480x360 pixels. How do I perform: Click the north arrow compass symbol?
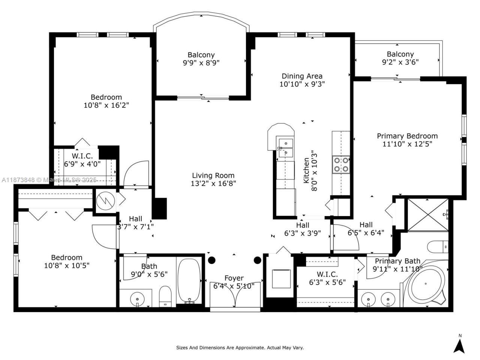pyautogui.click(x=459, y=344)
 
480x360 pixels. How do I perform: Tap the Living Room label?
pyautogui.click(x=213, y=175)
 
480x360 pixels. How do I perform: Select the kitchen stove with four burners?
pyautogui.click(x=341, y=165)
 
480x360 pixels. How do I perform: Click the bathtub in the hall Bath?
pyautogui.click(x=190, y=280)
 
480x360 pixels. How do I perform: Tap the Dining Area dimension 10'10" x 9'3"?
pyautogui.click(x=302, y=84)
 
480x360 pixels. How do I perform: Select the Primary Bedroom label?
pyautogui.click(x=407, y=136)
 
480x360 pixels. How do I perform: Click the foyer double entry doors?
pyautogui.click(x=235, y=295)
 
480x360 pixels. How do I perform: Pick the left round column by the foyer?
pyautogui.click(x=211, y=260)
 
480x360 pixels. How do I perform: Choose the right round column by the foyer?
pyautogui.click(x=257, y=260)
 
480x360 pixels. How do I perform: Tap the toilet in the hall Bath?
pyautogui.click(x=165, y=296)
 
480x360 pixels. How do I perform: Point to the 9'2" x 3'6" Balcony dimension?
pyautogui.click(x=400, y=62)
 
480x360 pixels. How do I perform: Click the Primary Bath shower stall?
pyautogui.click(x=427, y=214)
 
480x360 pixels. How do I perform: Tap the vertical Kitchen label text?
pyautogui.click(x=306, y=171)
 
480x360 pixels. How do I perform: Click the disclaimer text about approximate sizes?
pyautogui.click(x=240, y=348)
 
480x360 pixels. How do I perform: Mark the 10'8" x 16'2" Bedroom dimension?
pyautogui.click(x=106, y=105)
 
